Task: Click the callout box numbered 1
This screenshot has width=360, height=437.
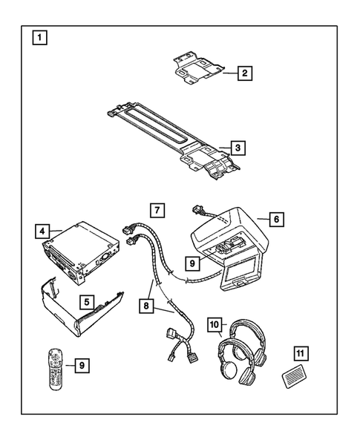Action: click(x=38, y=36)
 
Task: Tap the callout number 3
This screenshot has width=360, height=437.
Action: click(x=235, y=148)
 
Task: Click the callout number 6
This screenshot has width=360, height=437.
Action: click(x=275, y=220)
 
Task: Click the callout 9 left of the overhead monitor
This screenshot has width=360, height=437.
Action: click(x=192, y=262)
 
